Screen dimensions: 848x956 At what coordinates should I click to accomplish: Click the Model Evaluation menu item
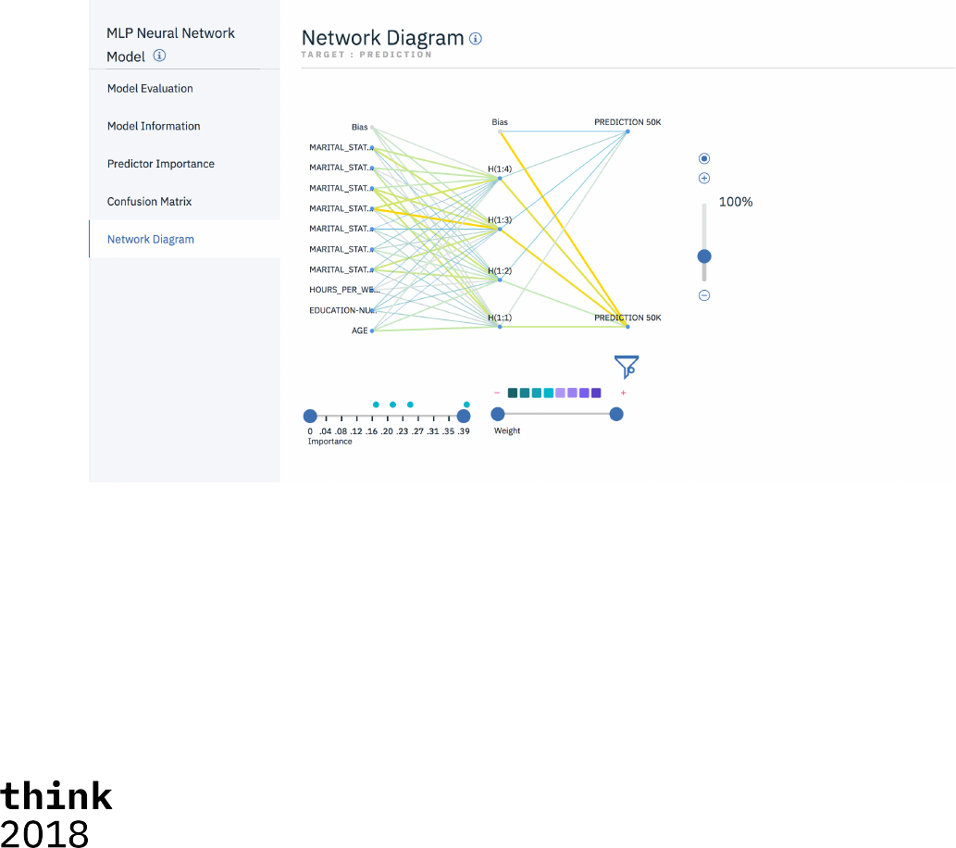(150, 89)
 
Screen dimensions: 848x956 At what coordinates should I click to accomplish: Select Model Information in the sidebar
(154, 126)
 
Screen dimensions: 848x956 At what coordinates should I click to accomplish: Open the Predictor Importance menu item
(161, 164)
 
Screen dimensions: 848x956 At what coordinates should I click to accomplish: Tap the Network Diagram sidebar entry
(151, 239)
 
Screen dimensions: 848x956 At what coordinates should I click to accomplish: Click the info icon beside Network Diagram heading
(476, 39)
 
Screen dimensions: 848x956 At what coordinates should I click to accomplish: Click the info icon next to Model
(159, 56)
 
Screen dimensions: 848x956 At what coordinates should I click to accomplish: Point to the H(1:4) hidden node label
(500, 169)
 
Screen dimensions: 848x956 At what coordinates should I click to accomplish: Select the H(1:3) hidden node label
(500, 219)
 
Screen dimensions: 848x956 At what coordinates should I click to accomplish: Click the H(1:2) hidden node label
(500, 270)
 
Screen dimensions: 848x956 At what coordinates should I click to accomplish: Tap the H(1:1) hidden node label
(500, 318)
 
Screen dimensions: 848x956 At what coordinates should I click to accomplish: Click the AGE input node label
(359, 330)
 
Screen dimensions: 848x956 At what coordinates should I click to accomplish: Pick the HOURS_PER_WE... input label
(339, 290)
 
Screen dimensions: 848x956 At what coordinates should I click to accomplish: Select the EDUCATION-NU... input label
(339, 310)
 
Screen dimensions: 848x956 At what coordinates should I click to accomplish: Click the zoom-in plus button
(704, 178)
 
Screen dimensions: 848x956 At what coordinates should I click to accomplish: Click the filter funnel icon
(627, 367)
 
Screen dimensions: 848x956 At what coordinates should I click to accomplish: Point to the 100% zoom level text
(736, 202)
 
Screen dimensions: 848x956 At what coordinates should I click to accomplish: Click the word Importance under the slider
(330, 442)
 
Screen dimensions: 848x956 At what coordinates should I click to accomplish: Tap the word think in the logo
(56, 796)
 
